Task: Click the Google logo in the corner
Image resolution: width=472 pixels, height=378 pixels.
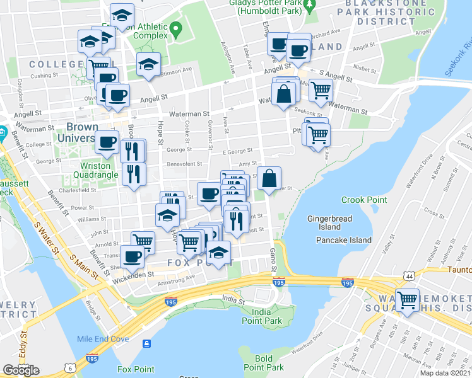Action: pyautogui.click(x=21, y=370)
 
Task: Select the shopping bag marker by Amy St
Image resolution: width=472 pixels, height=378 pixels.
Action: pyautogui.click(x=269, y=178)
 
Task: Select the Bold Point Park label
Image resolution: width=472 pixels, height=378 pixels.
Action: pyautogui.click(x=264, y=363)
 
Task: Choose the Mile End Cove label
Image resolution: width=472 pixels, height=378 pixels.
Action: pyautogui.click(x=103, y=339)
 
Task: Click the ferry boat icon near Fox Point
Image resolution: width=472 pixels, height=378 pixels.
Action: pyautogui.click(x=147, y=343)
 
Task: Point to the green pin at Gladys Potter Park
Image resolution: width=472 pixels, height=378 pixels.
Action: pyautogui.click(x=309, y=7)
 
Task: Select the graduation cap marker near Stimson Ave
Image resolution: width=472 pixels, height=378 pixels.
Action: pyautogui.click(x=149, y=64)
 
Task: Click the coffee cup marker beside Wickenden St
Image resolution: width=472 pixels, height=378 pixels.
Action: pyautogui.click(x=133, y=256)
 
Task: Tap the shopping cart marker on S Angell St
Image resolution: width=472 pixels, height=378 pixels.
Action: pyautogui.click(x=321, y=90)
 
